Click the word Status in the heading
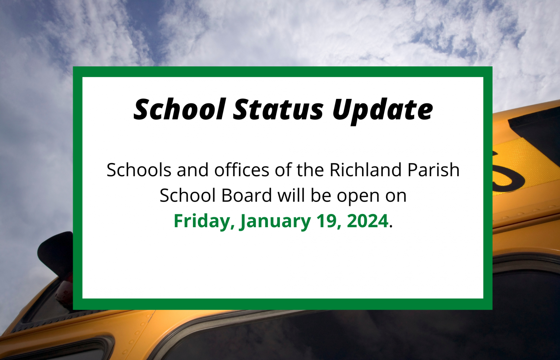278,109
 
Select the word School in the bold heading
179,109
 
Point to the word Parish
433,170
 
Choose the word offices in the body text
241,170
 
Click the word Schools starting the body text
139,170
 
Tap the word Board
246,195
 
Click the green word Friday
204,221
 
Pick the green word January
275,221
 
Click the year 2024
367,221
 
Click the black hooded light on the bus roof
55,253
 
